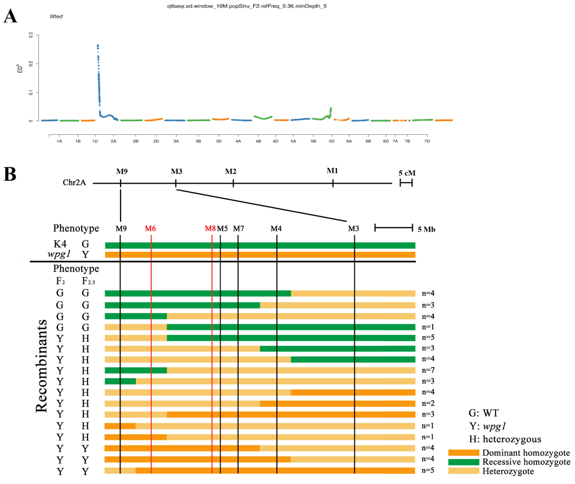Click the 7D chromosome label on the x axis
tap(427, 142)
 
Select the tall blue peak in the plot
tap(98, 63)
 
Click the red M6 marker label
tap(151, 228)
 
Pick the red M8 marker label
tap(210, 228)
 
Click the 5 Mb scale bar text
tap(425, 229)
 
